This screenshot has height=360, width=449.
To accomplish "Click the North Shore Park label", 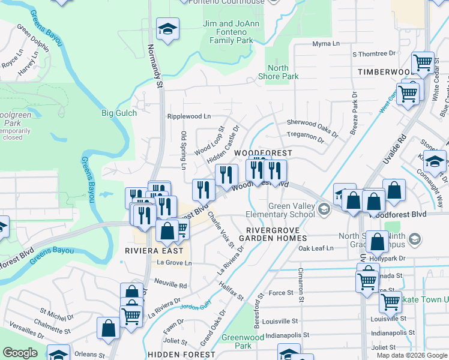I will (x=278, y=72).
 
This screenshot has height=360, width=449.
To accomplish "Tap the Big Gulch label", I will (x=119, y=113).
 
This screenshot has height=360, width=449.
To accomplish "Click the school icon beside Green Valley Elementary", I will (x=324, y=209).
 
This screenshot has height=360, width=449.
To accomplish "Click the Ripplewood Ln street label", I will (x=189, y=116).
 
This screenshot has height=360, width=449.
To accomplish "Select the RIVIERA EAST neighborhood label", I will (x=149, y=250).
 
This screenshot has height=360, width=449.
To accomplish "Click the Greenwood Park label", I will (x=236, y=341).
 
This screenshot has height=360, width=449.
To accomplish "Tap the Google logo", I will (x=20, y=353).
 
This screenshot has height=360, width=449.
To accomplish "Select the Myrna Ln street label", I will (x=327, y=44).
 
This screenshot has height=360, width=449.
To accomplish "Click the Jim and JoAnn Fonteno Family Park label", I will (x=231, y=32).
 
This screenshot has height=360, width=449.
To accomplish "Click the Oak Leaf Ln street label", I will (x=316, y=248).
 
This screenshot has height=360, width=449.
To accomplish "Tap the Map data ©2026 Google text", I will (x=412, y=355).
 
